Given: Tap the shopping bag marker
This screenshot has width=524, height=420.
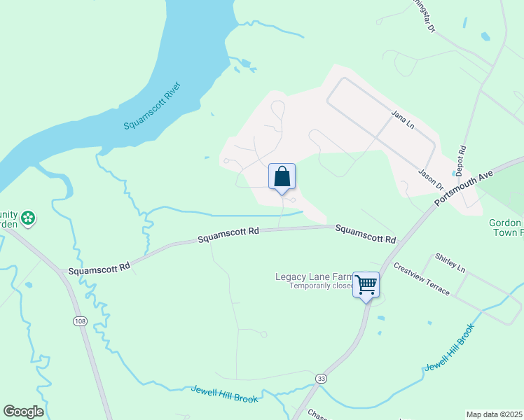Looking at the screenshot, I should coord(282,176).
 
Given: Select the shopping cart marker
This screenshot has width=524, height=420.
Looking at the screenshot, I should coord(366,284).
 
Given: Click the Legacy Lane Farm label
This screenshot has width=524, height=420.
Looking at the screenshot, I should coord(313,276).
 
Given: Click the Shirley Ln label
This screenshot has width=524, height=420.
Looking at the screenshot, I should coord(450,263).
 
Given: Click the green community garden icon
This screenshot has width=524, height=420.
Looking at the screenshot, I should coord(28,218).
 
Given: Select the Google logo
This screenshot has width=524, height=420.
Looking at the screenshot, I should coord(23,412).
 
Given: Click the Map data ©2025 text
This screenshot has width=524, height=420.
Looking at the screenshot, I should coord(494,414).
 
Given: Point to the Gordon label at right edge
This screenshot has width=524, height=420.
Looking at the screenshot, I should coord(506,223).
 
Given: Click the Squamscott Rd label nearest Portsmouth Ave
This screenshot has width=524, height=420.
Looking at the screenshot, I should coord(364,234).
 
